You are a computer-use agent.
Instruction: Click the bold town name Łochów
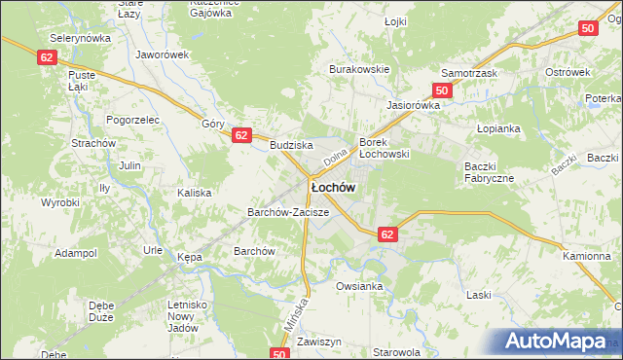coord(332,186)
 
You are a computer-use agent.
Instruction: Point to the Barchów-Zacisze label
coord(288,211)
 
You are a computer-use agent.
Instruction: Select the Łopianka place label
coord(499,128)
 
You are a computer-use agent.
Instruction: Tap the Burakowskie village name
coord(359,69)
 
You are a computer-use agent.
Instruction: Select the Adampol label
coord(76,253)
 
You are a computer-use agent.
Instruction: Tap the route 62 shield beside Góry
coord(242,136)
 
